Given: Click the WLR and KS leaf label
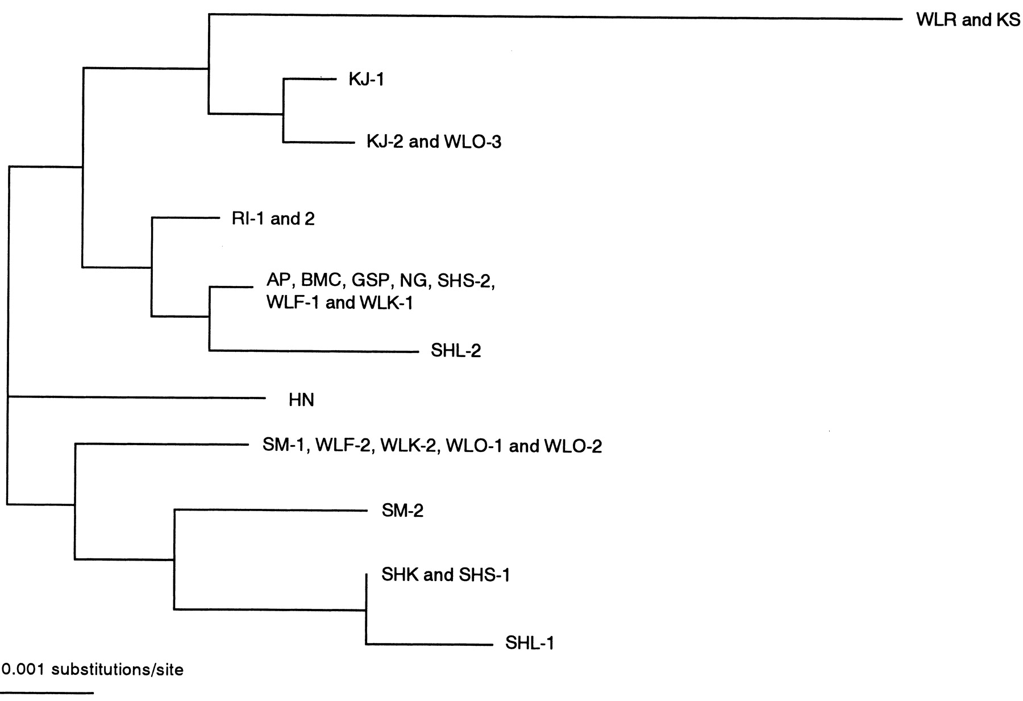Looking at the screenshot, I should coord(968,20).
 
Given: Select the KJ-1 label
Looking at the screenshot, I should coord(367,79).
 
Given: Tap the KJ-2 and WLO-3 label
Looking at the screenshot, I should coord(434,142).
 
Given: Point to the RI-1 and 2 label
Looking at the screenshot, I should coord(273,219).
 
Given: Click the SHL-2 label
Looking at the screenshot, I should coord(456,350).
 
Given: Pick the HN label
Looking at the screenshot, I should coord(301,400).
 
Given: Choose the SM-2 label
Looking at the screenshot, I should coord(402,511).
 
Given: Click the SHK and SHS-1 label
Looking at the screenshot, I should coord(446,575).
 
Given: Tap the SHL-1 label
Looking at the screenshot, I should coord(529,643).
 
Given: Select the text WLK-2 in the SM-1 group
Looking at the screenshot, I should coord(409,446).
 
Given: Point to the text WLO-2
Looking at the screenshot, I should coord(573,446).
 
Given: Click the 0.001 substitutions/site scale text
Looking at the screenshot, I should coord(93,670).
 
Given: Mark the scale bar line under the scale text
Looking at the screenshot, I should coord(47,693).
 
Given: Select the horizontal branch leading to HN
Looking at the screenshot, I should coord(136,397).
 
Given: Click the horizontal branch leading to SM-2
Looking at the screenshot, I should coord(271,510).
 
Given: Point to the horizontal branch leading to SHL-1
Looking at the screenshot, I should coord(429,644).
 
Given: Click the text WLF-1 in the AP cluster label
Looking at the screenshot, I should coord(294,302).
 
